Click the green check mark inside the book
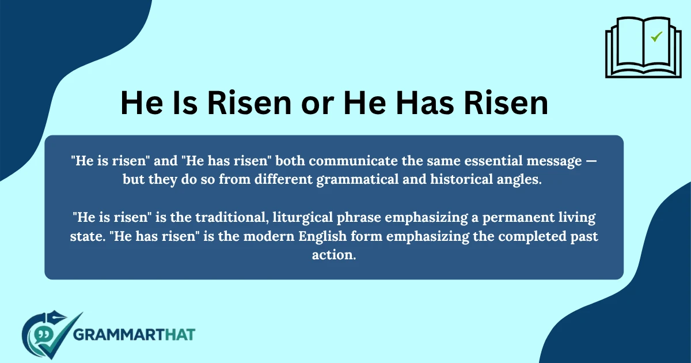coord(656,37)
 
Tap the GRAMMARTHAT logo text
coord(135,334)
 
